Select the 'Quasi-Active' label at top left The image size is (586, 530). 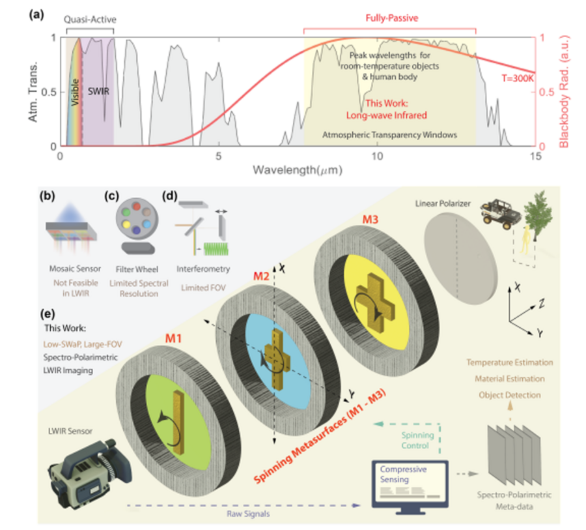[x=89, y=20]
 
